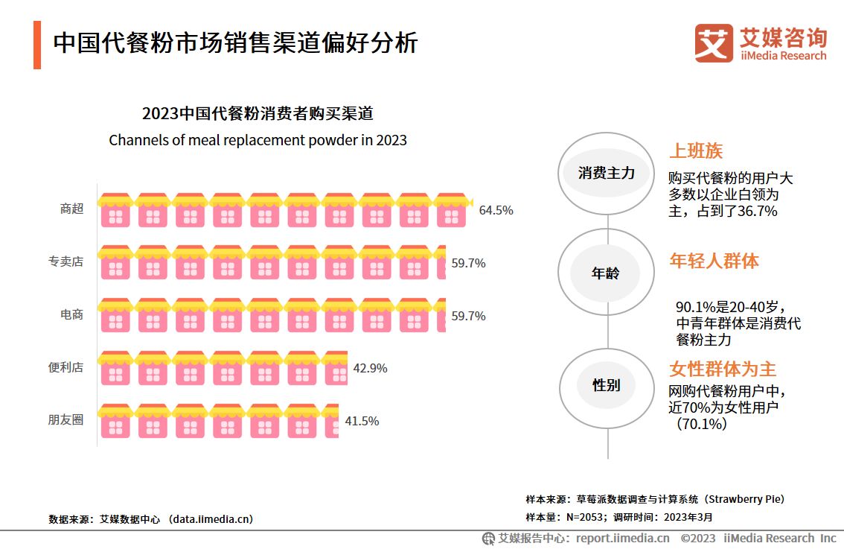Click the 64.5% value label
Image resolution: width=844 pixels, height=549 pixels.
pos(496,210)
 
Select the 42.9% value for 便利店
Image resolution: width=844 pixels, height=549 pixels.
pos(370,369)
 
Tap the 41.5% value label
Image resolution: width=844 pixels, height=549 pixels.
pos(362,421)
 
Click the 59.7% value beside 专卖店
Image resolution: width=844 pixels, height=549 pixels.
pos(468,263)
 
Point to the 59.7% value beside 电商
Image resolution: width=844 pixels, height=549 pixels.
pos(468,316)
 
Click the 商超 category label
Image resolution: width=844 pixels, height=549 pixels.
pos(71,209)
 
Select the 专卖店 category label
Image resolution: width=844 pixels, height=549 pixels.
pos(65,262)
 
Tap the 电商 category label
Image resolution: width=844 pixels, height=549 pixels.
pos(71,315)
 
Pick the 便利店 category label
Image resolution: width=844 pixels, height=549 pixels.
pos(65,368)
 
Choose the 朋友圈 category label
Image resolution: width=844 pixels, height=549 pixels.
pos(65,420)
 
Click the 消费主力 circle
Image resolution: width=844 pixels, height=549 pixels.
pos(607,173)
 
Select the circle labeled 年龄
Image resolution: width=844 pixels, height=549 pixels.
pos(606,273)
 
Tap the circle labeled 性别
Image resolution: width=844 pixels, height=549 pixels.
pos(606,385)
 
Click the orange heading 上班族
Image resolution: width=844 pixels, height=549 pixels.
pos(696,151)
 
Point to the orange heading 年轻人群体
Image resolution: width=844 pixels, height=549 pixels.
pos(714,261)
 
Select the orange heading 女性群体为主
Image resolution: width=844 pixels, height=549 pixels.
pos(723,369)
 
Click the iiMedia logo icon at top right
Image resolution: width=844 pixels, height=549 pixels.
pos(714,42)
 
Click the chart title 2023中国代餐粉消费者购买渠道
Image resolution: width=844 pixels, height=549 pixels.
pos(258,114)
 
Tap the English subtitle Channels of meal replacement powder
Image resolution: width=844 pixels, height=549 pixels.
pos(258,140)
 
